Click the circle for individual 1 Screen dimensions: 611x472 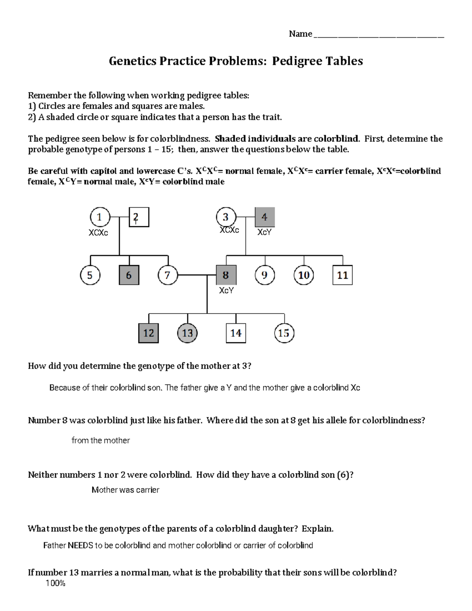100,217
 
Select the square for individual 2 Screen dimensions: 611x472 139,217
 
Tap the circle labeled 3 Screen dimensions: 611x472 226,217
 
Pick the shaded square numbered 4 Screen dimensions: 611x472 265,217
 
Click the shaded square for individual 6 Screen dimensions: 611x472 129,275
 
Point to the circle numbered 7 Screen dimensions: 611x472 168,275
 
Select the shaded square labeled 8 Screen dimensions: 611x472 226,275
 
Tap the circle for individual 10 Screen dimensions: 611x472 304,275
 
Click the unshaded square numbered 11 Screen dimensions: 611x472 342,275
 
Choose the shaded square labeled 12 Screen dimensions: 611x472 149,333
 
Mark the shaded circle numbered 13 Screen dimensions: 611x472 187,333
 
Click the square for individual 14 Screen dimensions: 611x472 236,333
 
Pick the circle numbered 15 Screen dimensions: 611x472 284,333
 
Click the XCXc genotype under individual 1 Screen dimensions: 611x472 98,233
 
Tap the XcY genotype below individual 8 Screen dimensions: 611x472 226,291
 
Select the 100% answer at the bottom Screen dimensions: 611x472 55,583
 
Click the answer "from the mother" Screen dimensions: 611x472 101,441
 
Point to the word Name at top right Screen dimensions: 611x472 300,34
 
